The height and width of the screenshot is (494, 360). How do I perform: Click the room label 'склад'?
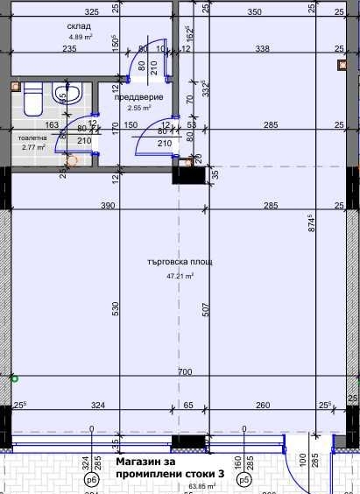(x=79, y=26)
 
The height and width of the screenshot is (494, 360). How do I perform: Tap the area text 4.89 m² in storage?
(x=79, y=38)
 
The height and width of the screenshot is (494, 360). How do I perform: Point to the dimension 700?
(x=183, y=372)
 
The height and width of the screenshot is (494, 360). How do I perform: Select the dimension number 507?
(x=203, y=308)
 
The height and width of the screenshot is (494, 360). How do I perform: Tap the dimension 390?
(x=108, y=205)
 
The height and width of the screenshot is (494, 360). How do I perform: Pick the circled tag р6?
(x=90, y=481)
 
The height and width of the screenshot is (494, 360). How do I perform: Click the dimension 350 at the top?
(x=254, y=12)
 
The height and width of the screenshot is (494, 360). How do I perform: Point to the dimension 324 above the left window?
(x=97, y=406)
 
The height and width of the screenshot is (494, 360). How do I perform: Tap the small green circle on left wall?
(x=14, y=378)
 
